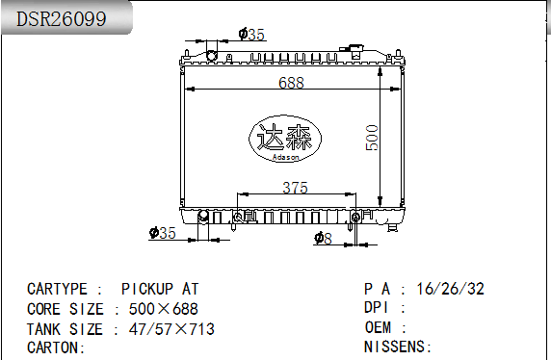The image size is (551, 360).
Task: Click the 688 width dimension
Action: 292,83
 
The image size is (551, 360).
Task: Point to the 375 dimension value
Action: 296,188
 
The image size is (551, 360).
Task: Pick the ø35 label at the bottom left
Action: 162,232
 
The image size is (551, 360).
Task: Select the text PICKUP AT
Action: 160,289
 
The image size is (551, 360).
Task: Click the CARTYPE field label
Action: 60,289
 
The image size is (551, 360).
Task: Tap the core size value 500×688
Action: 163,309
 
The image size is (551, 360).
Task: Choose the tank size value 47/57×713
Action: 171,329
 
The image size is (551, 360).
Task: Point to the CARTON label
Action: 56,347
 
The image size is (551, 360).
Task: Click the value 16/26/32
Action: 450,289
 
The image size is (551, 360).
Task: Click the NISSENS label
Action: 398,347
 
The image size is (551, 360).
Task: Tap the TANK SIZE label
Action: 65,329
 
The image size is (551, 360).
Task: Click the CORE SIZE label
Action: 65,309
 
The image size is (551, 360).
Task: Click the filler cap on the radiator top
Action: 357,49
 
